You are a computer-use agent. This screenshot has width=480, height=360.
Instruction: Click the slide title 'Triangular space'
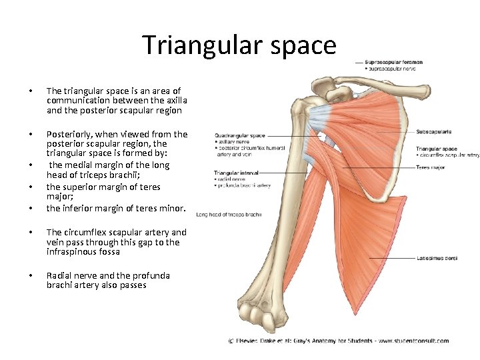(239, 45)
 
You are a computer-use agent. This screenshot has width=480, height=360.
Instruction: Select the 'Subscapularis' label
(434, 132)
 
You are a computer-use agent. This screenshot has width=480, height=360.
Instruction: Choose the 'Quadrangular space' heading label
(239, 136)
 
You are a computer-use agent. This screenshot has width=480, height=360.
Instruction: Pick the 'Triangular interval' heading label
(237, 173)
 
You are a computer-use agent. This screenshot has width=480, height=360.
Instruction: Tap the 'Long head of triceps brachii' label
(229, 215)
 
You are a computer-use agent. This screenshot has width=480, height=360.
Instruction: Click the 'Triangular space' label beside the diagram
(437, 149)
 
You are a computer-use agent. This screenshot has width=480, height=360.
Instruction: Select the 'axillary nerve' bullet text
(233, 142)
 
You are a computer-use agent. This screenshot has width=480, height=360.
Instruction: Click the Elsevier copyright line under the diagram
(338, 341)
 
